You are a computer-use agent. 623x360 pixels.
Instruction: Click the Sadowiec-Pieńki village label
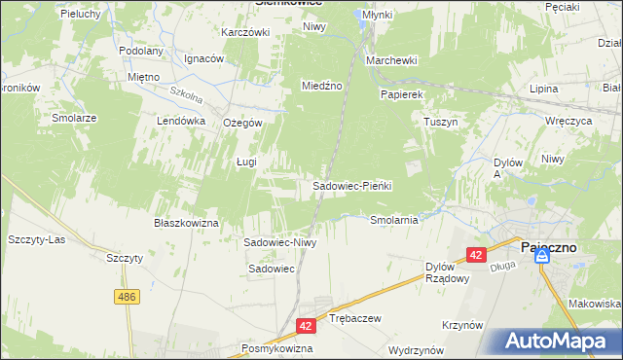click(351, 185)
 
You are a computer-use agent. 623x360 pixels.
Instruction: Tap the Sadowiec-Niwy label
click(280, 242)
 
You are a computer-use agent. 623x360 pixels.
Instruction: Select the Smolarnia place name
click(394, 220)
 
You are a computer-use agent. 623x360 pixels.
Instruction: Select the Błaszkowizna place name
click(186, 223)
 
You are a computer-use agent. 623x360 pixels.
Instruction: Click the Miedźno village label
click(322, 86)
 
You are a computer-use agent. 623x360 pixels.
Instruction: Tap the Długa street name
click(502, 263)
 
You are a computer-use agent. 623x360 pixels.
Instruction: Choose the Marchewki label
click(391, 60)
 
